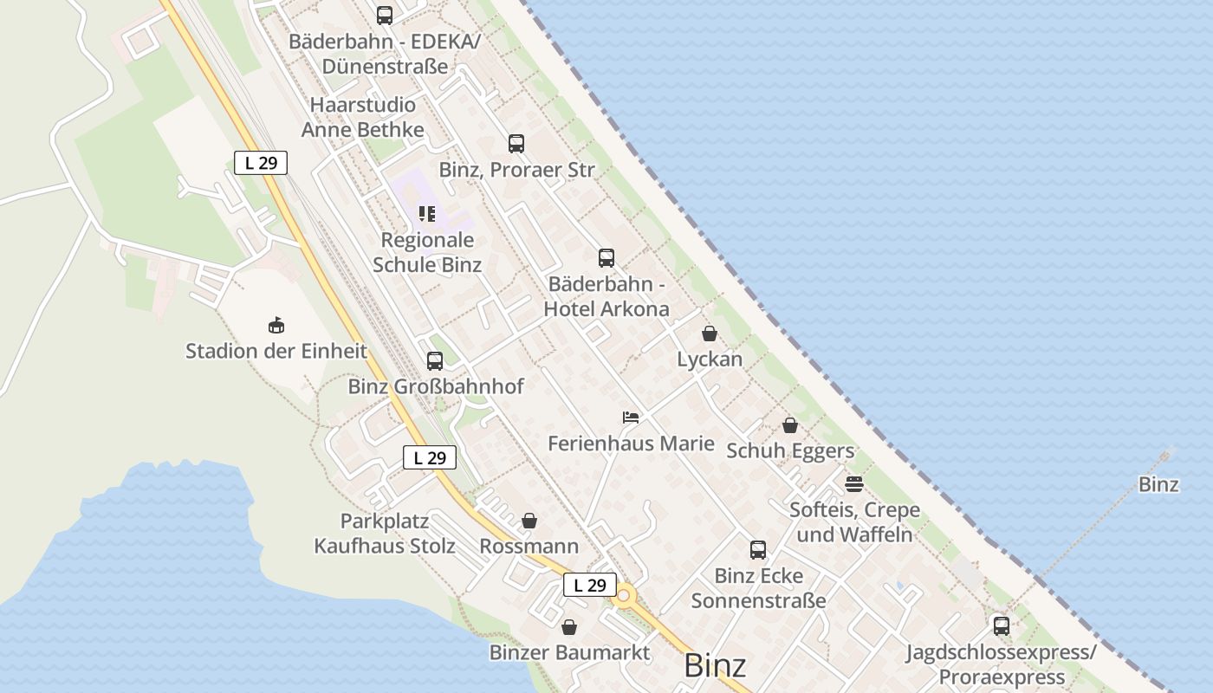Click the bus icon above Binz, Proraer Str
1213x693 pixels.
tap(516, 144)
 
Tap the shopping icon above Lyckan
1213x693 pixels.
tap(710, 334)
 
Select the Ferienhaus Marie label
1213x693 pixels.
tap(631, 444)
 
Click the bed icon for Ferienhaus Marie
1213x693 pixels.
tap(631, 418)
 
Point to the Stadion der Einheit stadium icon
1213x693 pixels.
tap(276, 325)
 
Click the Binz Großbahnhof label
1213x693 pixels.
tap(436, 386)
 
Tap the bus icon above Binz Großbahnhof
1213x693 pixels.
tap(435, 361)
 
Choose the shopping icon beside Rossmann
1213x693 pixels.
tap(529, 521)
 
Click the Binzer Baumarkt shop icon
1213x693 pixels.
tap(569, 627)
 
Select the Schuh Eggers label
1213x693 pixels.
tap(790, 450)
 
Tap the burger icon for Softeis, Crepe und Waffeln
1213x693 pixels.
tap(854, 483)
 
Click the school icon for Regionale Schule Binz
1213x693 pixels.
tap(426, 213)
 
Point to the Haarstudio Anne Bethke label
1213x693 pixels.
tap(363, 117)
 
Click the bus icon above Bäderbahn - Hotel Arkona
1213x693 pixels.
tap(606, 258)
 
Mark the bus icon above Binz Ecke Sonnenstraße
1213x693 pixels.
tap(758, 550)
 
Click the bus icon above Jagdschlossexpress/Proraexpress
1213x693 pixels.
tap(1002, 625)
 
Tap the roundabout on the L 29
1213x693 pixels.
tap(624, 596)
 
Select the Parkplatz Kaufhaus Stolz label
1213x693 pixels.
tap(385, 534)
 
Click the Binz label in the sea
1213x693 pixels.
tap(1158, 484)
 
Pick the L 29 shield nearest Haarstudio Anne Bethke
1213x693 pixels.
tap(261, 162)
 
